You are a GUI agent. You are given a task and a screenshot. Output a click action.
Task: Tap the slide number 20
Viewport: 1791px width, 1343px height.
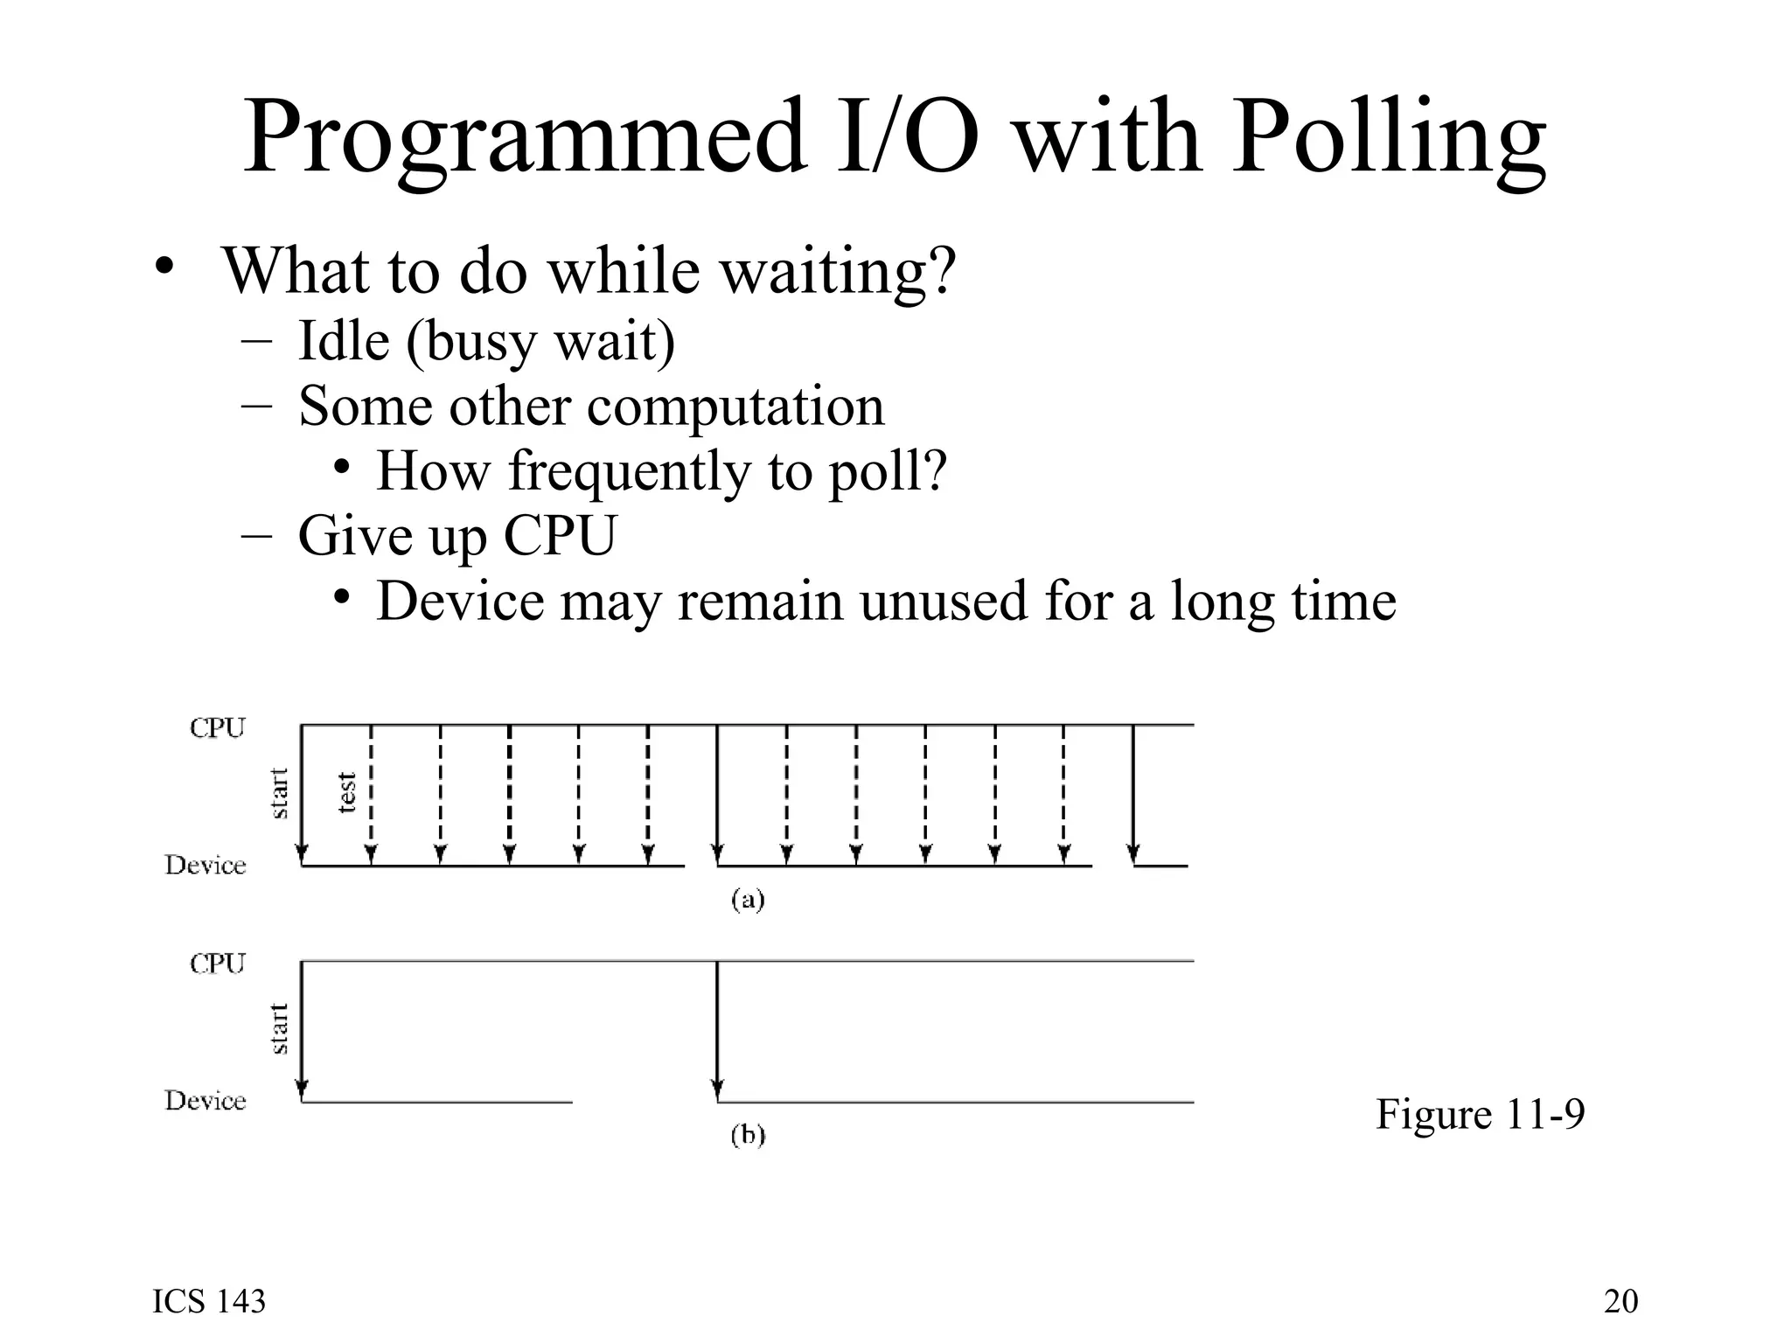pyautogui.click(x=1620, y=1301)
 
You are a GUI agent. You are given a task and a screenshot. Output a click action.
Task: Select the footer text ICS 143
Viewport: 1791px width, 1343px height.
pyautogui.click(x=209, y=1301)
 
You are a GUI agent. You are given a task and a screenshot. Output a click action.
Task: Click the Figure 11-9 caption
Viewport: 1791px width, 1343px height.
pyautogui.click(x=1480, y=1114)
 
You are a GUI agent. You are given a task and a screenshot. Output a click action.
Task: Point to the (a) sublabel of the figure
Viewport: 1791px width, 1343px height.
pyautogui.click(x=748, y=900)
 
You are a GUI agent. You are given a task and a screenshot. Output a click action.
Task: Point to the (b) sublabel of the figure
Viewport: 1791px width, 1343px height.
pyautogui.click(x=748, y=1135)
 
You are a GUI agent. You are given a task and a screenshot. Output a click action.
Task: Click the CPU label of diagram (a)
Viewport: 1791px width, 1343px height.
pyautogui.click(x=218, y=727)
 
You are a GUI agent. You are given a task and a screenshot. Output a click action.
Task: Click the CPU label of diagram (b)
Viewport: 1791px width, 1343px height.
pyautogui.click(x=218, y=964)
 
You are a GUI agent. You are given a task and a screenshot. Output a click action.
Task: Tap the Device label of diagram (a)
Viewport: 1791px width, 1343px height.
pyautogui.click(x=206, y=866)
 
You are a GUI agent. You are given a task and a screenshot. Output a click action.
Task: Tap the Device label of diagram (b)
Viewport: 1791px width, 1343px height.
pyautogui.click(x=206, y=1101)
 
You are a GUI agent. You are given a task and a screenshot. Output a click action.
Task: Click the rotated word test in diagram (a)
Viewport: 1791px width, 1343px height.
pyautogui.click(x=347, y=792)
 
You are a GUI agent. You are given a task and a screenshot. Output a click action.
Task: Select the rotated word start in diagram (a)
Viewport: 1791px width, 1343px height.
pyautogui.click(x=278, y=793)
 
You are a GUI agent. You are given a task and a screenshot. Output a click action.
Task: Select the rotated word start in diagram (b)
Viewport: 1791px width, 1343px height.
pyautogui.click(x=278, y=1028)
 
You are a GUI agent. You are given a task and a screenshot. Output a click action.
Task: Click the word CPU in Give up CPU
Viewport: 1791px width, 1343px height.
pyautogui.click(x=560, y=535)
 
